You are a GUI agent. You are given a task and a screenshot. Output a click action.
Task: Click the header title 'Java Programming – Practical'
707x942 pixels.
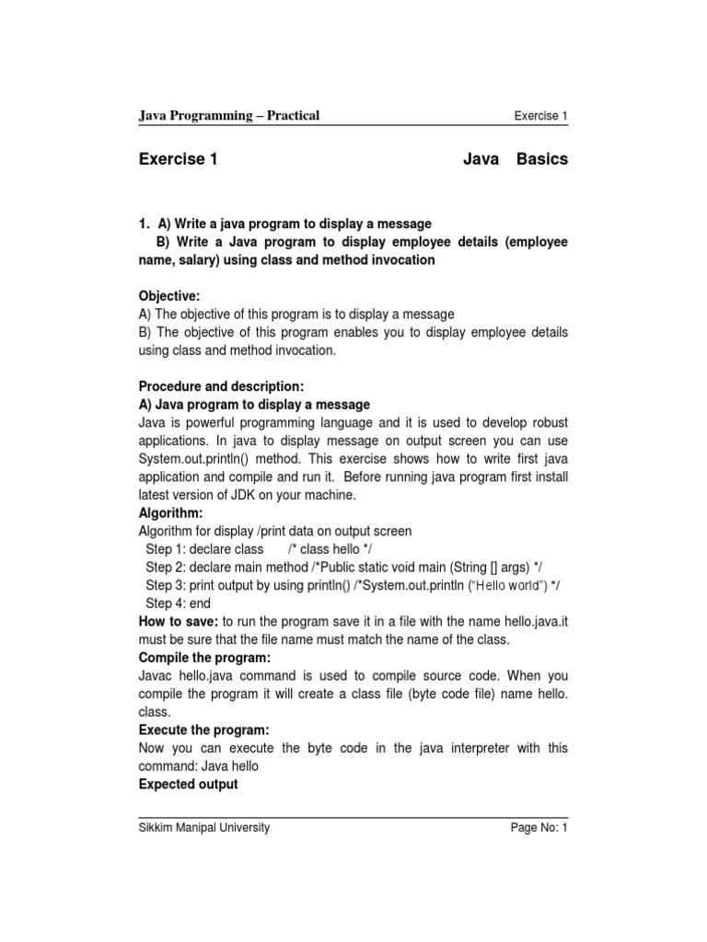click(228, 115)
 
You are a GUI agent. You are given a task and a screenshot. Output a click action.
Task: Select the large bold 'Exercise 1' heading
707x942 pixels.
click(178, 159)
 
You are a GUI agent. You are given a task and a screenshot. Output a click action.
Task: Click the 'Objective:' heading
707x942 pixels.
click(168, 295)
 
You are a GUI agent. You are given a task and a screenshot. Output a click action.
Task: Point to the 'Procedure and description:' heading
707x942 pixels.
click(221, 385)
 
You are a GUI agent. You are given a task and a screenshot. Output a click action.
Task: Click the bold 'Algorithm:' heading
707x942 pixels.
click(170, 512)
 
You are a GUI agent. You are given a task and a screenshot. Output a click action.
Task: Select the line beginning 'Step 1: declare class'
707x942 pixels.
click(204, 549)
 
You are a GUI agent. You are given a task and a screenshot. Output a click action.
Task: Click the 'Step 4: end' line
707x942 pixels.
click(179, 603)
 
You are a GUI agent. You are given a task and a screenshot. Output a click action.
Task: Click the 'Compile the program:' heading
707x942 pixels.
click(204, 658)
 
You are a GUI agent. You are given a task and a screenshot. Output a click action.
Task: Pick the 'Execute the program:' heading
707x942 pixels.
click(203, 729)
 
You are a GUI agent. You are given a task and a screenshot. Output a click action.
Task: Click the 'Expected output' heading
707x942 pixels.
click(188, 784)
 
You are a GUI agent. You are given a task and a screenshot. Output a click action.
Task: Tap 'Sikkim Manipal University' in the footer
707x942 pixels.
click(204, 827)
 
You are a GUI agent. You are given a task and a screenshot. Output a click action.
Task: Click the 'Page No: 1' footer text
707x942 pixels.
click(540, 827)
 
